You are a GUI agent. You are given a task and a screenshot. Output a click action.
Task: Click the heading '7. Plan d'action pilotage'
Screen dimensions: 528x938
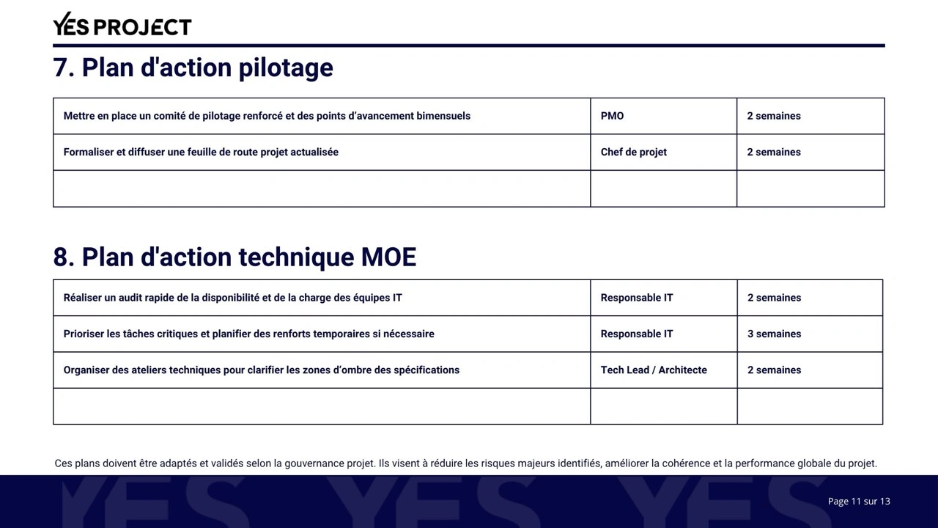coord(193,67)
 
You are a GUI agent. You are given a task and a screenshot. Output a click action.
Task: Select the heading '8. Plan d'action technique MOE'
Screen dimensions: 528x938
coord(234,257)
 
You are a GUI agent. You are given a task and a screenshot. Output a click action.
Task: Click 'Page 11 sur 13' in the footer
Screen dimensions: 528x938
coord(859,502)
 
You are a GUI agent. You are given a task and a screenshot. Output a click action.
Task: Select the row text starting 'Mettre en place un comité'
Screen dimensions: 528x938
coord(267,116)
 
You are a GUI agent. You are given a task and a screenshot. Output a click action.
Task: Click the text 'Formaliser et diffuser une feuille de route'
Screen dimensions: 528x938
coord(201,153)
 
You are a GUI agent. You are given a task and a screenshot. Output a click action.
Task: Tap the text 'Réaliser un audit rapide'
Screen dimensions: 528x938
coord(232,298)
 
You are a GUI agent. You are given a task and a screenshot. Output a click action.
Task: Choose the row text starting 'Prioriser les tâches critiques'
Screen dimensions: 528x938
coord(248,334)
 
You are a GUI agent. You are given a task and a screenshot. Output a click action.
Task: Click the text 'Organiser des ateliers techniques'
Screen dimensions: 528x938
coord(261,370)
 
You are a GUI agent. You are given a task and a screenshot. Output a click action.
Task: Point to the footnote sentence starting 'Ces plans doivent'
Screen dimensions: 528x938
coord(465,463)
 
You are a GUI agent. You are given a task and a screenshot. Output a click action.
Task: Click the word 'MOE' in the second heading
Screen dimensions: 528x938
coord(388,257)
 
